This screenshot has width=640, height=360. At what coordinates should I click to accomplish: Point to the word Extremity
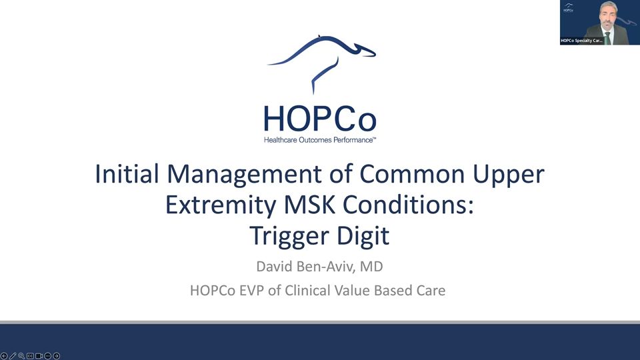point(221,205)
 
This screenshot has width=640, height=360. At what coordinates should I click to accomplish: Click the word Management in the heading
point(245,174)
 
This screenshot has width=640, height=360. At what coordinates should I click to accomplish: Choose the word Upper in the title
point(509,175)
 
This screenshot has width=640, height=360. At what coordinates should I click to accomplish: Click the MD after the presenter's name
point(371,267)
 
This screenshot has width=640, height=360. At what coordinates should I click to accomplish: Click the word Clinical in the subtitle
point(308,291)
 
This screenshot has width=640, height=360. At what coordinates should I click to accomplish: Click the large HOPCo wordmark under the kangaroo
point(320,119)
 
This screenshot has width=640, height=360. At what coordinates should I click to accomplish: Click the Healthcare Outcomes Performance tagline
point(319,140)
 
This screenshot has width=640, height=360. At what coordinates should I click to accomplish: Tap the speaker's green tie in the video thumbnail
point(607,38)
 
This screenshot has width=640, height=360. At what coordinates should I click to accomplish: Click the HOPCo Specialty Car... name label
point(581,41)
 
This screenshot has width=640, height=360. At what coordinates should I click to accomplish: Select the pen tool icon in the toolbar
point(13,356)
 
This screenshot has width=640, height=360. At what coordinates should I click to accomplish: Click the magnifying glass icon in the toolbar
point(21,356)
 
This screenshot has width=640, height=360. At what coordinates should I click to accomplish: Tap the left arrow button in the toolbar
point(4,356)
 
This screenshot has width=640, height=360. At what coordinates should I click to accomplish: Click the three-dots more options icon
point(48,356)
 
